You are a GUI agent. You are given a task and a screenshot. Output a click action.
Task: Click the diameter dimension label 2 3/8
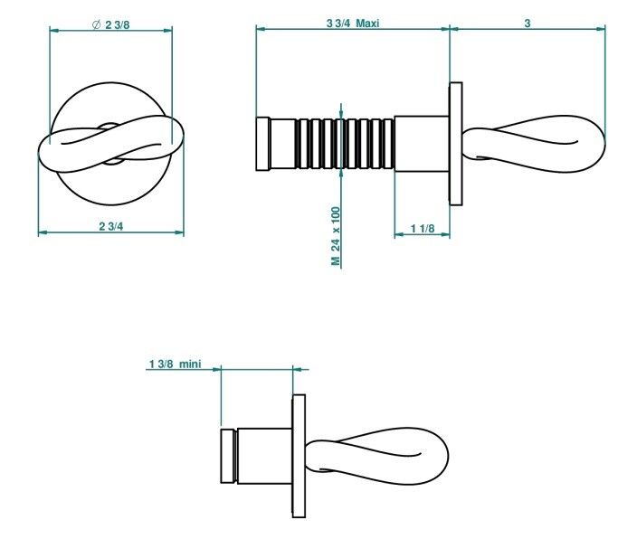[117, 24]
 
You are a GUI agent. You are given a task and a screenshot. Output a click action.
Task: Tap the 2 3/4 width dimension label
[111, 226]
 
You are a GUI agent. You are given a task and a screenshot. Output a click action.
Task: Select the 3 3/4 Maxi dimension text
[353, 24]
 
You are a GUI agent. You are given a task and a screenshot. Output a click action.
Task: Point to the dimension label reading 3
[528, 24]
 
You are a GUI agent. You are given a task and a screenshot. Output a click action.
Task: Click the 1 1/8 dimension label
[423, 228]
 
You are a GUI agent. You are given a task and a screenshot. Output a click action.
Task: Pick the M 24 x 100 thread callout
[336, 236]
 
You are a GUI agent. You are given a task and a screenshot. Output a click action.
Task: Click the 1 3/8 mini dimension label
[175, 364]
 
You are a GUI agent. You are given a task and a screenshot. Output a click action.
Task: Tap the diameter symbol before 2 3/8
[97, 24]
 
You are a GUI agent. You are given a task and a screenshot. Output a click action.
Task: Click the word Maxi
[367, 24]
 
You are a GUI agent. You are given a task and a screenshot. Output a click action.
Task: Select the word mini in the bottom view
[190, 364]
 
